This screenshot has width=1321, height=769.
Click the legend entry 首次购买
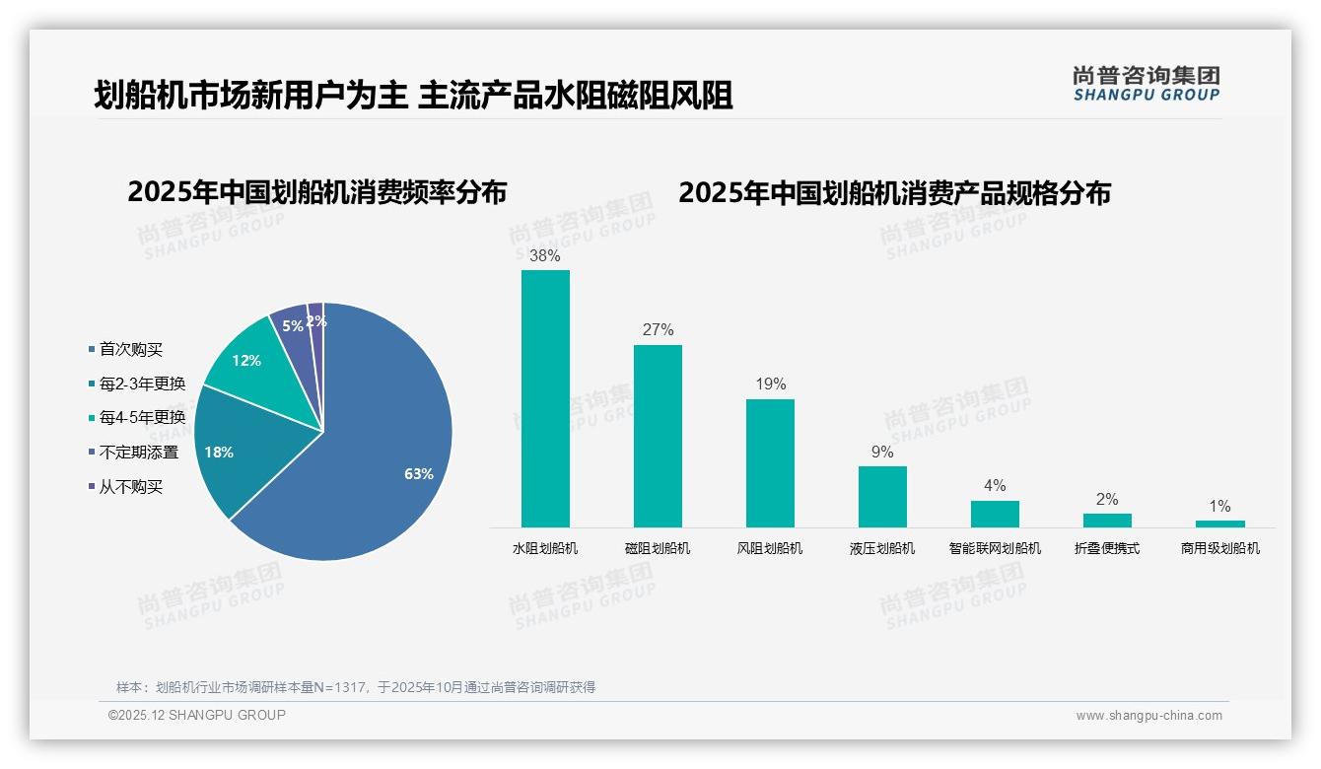point(130,349)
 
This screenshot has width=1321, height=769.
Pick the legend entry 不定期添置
point(138,453)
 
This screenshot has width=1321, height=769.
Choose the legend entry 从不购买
point(130,487)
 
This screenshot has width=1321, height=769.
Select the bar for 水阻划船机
point(545,399)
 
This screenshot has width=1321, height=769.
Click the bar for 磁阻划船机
point(658,436)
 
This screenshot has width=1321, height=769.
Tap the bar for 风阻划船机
point(770,463)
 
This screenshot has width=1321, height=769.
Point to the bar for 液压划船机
point(882,497)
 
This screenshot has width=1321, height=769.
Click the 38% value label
point(545,255)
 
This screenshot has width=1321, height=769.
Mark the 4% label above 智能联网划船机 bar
point(995,485)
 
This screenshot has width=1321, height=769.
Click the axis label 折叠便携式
point(1107,548)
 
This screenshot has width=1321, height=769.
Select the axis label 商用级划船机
point(1219,548)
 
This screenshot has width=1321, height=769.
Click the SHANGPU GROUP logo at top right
point(1146,84)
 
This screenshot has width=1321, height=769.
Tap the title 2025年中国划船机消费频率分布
point(316,192)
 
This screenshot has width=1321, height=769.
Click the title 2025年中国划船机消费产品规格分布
point(894,192)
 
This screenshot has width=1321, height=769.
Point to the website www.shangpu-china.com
point(1148,716)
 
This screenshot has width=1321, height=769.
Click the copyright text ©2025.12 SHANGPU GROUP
point(197,715)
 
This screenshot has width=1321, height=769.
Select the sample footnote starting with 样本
point(356,687)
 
